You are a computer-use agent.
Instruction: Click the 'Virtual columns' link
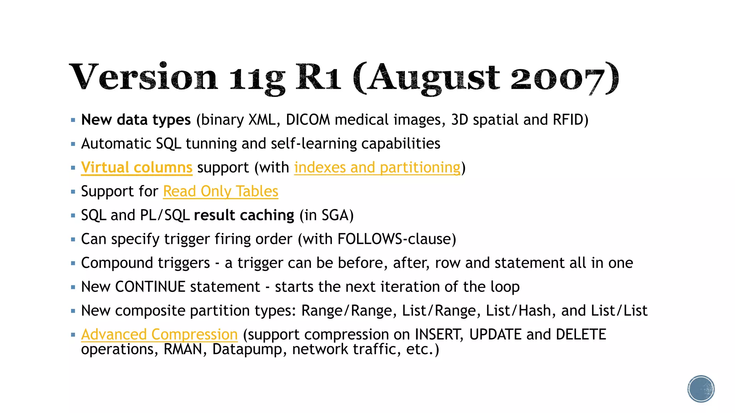click(137, 167)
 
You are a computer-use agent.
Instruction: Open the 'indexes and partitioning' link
click(377, 167)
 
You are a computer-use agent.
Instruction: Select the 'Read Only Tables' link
click(221, 191)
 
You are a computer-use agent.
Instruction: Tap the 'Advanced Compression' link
click(159, 334)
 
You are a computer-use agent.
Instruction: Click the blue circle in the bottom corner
click(701, 389)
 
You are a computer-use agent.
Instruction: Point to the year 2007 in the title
click(558, 77)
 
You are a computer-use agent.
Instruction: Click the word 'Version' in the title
click(143, 77)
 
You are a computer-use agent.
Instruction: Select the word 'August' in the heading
click(434, 77)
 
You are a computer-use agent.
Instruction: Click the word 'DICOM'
click(308, 120)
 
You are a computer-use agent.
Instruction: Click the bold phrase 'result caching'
click(244, 215)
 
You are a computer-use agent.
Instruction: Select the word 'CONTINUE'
click(150, 287)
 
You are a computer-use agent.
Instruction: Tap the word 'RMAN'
click(183, 349)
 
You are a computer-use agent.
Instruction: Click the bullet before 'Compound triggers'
click(73, 263)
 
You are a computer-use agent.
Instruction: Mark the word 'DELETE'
click(581, 334)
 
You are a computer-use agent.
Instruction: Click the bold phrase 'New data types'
click(136, 120)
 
